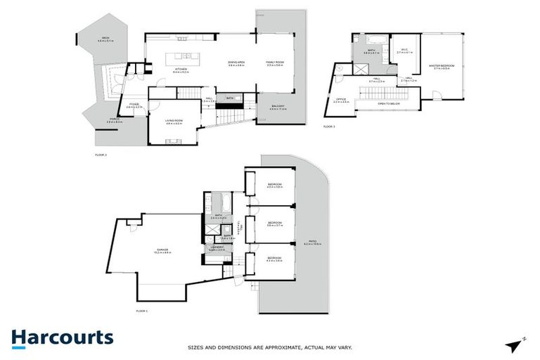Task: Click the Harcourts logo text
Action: (x=62, y=337)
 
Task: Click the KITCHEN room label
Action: (x=181, y=68)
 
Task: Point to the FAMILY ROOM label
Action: (x=274, y=63)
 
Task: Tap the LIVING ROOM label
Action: (x=174, y=122)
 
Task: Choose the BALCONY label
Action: (x=278, y=106)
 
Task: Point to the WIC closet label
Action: (x=404, y=51)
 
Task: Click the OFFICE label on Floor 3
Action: (x=340, y=101)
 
